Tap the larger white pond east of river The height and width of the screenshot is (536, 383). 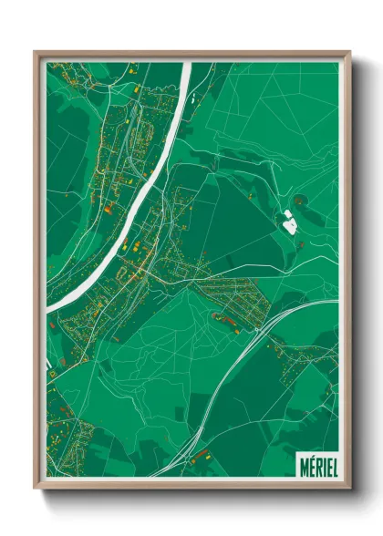(x=289, y=221)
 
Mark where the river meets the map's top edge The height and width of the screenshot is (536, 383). (x=187, y=64)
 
